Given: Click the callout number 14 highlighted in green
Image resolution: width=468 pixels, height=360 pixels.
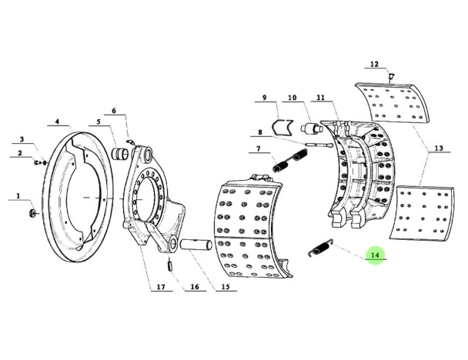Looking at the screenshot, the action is point(375,255).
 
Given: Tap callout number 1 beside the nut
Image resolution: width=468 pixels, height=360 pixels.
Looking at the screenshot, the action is point(18,196).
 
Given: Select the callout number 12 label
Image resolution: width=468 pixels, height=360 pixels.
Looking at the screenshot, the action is point(374,64).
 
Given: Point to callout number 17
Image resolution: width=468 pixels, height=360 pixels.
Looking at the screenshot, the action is point(161,287).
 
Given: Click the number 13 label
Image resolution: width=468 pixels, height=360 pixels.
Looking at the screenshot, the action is point(439,148).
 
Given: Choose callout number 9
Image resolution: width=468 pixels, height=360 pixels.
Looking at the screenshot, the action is point(265,98).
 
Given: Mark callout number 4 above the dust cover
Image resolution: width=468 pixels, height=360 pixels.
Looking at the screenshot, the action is point(57,122).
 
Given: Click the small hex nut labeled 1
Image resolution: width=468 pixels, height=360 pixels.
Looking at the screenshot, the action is point(32,213).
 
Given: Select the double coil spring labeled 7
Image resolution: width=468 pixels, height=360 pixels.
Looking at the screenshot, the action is point(289,161).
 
